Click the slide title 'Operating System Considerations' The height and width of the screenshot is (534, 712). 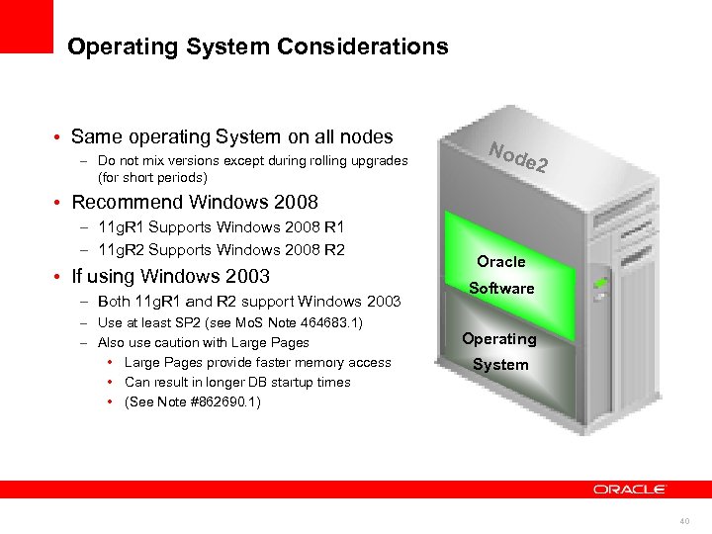tap(257, 46)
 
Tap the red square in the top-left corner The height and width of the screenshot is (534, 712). tap(26, 26)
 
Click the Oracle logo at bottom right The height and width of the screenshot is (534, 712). tap(630, 489)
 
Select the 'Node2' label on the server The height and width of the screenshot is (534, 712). tap(518, 157)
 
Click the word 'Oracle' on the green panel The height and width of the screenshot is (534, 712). tap(501, 262)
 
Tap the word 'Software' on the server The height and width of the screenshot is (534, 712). tap(501, 289)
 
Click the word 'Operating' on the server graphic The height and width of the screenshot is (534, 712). tap(499, 339)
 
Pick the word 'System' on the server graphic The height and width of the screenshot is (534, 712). tap(500, 365)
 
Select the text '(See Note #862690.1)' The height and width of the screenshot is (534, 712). tap(193, 401)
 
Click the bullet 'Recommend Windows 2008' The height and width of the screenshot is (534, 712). tap(195, 203)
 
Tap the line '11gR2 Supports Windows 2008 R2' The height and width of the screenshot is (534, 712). tap(222, 249)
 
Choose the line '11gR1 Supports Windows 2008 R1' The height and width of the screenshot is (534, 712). tap(222, 228)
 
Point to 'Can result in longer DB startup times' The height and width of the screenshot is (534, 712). tap(237, 382)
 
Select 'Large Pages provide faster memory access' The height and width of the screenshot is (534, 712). tap(257, 363)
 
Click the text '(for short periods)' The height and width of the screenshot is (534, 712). tap(152, 178)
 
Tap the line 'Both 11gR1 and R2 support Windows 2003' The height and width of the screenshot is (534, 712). tap(249, 302)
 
